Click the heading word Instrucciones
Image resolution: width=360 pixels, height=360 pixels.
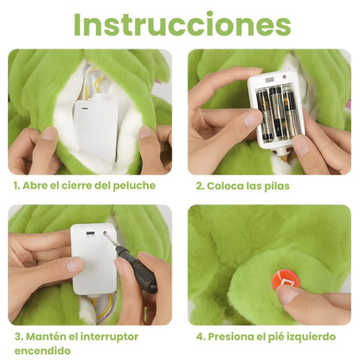[181, 24]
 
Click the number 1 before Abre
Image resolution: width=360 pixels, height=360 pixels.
[16, 185]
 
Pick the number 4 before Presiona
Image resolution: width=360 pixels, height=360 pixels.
[200, 336]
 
